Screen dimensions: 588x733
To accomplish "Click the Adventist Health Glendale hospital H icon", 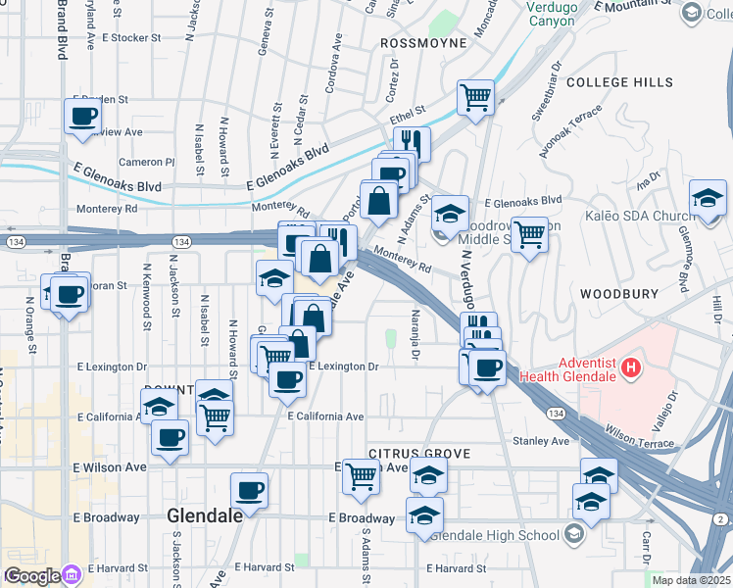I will pos(631,369).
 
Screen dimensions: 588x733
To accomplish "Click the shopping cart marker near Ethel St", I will pos(475,97).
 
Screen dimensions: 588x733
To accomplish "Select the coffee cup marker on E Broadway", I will pos(249,489).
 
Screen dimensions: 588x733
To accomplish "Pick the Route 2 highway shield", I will pos(721,518).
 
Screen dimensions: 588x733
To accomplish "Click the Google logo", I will pos(32,576).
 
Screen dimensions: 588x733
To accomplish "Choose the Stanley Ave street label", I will pos(541,441).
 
